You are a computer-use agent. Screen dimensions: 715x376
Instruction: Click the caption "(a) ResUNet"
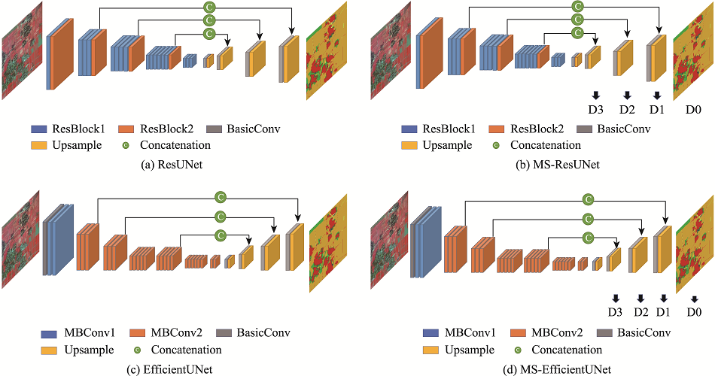point(171,165)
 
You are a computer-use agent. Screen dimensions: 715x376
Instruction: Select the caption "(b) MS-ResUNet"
point(558,165)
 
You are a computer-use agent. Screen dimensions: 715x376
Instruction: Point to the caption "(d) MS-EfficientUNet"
point(558,368)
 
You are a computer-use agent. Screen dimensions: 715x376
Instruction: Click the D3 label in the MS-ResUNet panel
point(596,110)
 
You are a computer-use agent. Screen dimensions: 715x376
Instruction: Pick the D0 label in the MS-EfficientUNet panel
point(694,312)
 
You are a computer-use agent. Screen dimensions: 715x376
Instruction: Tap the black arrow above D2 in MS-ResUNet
point(627,95)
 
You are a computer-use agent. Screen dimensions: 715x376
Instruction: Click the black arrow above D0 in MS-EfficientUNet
point(694,299)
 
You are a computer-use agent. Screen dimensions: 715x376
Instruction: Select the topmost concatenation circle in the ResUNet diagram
point(209,7)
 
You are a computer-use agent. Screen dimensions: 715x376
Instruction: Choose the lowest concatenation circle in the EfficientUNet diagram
point(221,235)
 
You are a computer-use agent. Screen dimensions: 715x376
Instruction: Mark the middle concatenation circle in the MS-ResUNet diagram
point(578,20)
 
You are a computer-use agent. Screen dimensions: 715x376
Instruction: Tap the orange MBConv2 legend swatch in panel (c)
point(138,333)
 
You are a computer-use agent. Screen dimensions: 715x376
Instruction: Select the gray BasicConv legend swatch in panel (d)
point(604,333)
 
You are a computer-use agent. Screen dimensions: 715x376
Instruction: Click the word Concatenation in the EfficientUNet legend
point(187,350)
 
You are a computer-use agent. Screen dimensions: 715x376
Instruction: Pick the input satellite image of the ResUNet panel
point(22,50)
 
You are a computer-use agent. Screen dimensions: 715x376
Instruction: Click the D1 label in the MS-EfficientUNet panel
point(663,312)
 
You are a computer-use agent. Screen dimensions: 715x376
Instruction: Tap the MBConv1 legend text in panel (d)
point(470,332)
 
